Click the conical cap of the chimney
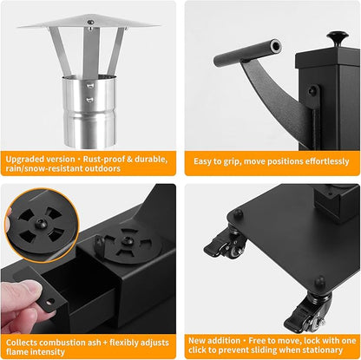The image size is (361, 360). coord(89,22)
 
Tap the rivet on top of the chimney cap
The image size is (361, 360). coord(90,22)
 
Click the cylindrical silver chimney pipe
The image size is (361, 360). coord(89,111)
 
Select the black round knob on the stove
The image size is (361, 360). coord(338,38)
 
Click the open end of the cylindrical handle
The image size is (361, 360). coord(276,45)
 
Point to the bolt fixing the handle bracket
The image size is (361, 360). coord(312,91)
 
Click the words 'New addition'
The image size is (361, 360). coord(214,341)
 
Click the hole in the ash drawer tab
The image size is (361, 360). coord(51,302)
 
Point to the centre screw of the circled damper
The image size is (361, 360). coord(40,224)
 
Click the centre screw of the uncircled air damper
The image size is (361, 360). coord(127,241)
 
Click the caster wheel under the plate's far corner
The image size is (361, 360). coord(226,242)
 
